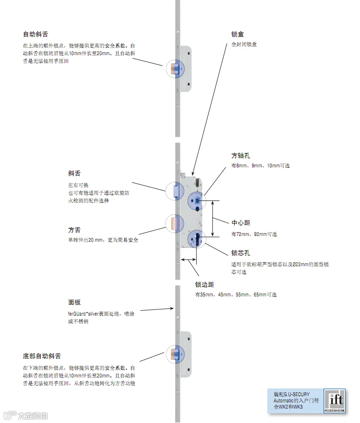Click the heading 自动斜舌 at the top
36,35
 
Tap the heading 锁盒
238,35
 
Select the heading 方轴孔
241,156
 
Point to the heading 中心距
241,223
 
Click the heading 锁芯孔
241,253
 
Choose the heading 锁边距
204,285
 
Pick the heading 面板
74,303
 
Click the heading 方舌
74,230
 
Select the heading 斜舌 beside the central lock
74,174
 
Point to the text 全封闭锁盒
244,45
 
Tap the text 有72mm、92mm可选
254,235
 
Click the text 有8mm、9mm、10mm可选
260,166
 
